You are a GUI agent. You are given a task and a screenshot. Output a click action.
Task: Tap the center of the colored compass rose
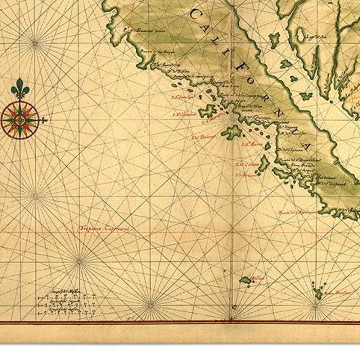click(x=21, y=119)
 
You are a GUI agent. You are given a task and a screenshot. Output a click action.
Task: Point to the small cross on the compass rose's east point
click(x=44, y=120)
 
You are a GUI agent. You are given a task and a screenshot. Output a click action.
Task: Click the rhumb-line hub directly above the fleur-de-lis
click(x=35, y=42)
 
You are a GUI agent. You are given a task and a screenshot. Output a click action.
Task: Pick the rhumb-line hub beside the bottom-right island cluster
click(x=316, y=306)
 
